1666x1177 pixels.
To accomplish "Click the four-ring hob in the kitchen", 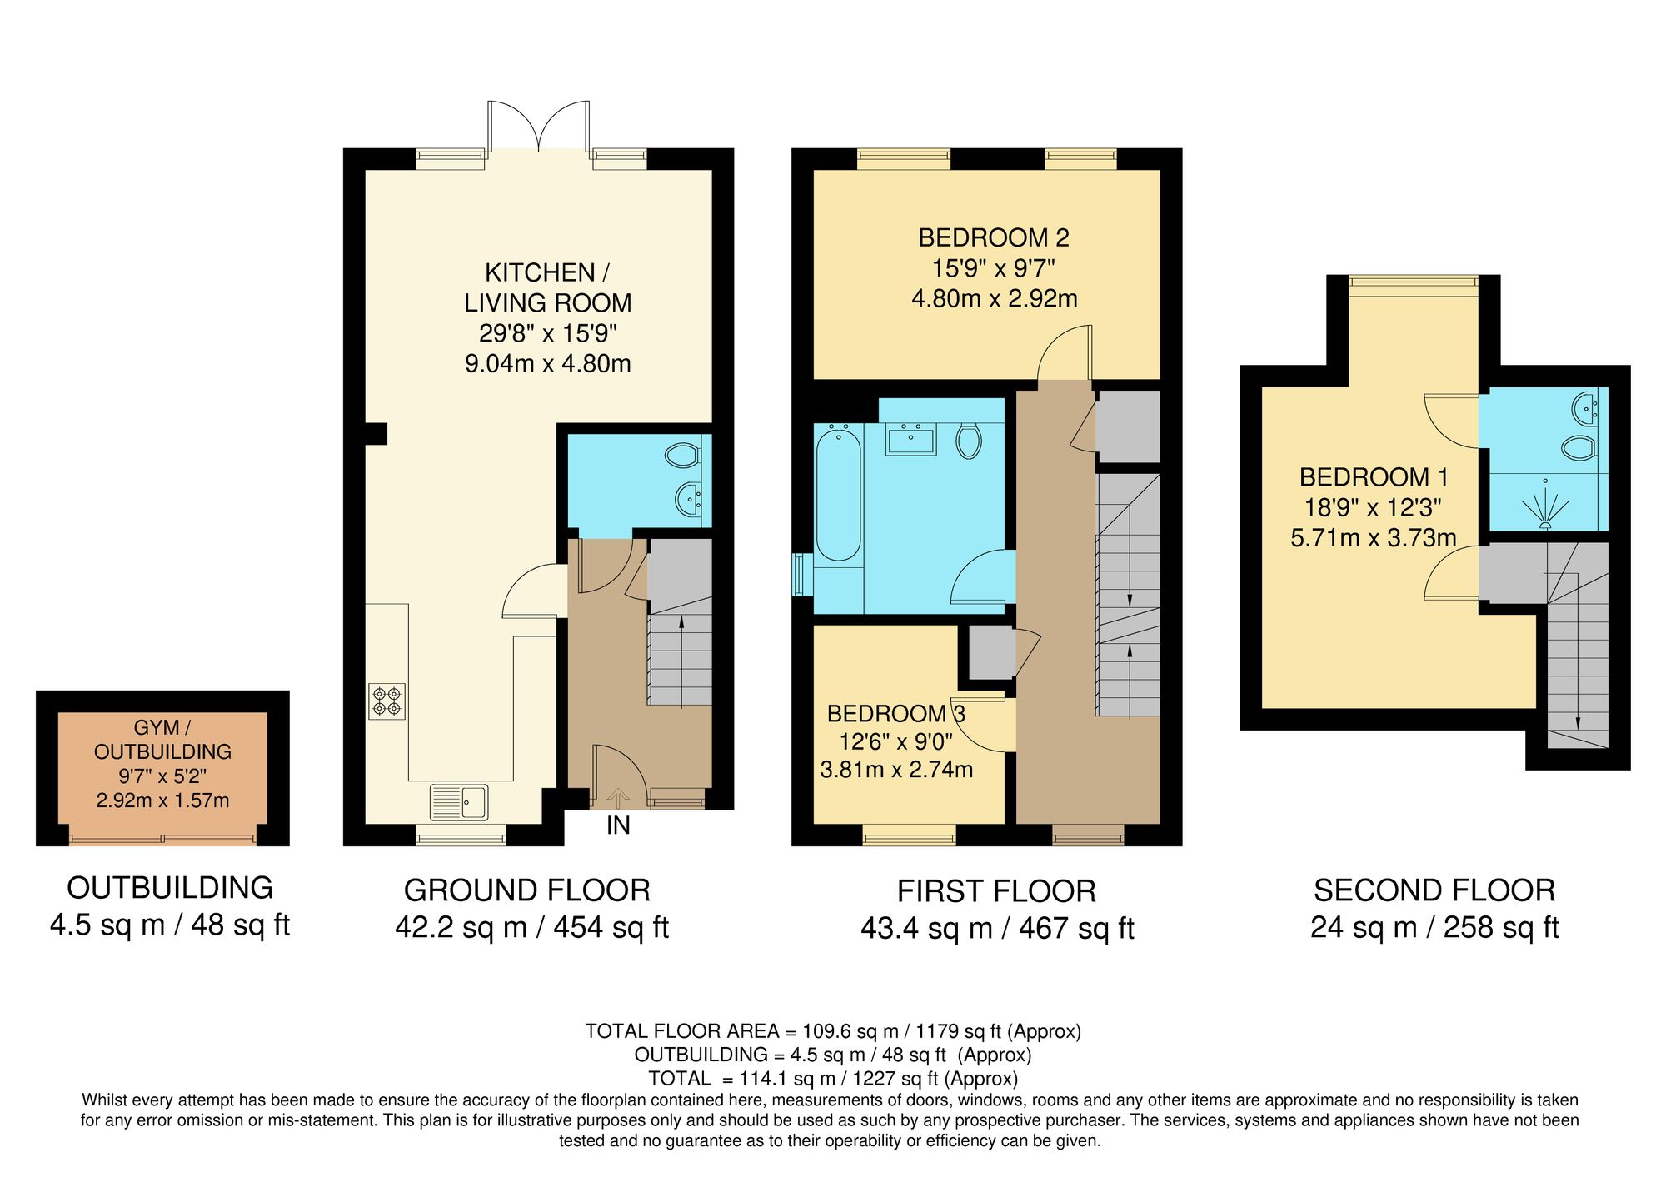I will point(387,701).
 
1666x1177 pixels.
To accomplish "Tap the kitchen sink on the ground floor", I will point(460,802).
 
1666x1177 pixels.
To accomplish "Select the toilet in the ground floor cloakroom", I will point(681,456).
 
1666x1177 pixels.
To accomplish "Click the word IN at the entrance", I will point(618,825).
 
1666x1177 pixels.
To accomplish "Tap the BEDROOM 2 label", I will point(994,238).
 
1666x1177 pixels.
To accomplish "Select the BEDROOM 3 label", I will point(895,714).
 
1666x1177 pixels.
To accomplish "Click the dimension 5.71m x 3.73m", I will point(1374,538).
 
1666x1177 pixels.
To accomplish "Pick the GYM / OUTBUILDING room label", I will point(162,740).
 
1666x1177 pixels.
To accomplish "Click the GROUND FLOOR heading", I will point(526,890).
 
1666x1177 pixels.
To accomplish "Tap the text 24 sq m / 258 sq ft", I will point(1434,927).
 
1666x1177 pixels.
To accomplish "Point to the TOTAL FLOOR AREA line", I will point(833,1031).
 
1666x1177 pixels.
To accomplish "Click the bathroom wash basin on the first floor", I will point(911,439).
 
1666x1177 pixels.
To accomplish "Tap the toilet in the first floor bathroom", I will point(969,441).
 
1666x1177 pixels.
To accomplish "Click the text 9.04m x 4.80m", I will point(547,364).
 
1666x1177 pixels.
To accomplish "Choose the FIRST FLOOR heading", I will point(996,891).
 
